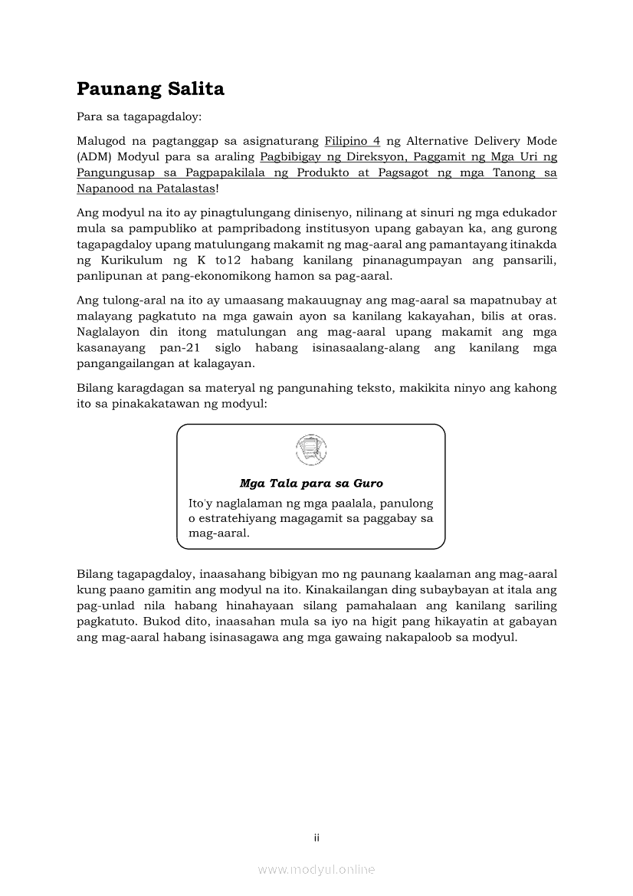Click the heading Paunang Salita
tap(150, 89)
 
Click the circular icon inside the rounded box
tap(310, 449)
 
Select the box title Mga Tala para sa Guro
tap(311, 484)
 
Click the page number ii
tap(316, 838)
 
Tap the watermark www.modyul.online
tap(316, 869)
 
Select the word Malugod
tap(100, 142)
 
